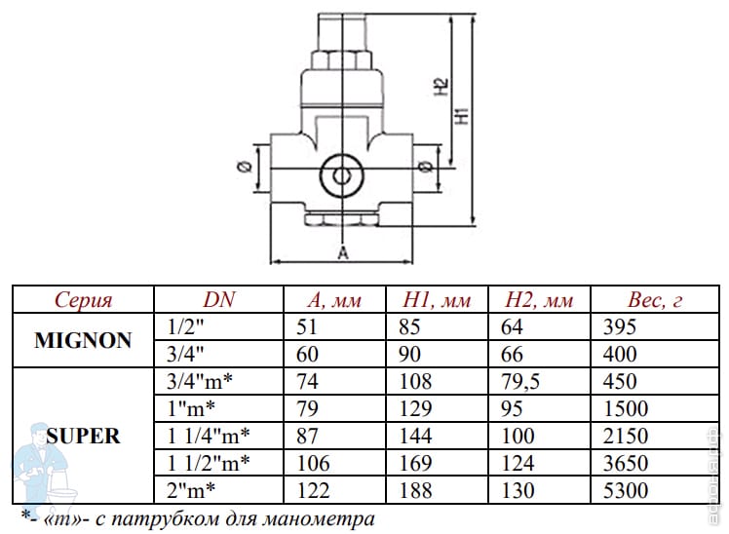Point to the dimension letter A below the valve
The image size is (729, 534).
pos(342,253)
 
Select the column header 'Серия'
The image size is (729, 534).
pos(84,300)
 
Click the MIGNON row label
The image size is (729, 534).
pos(84,340)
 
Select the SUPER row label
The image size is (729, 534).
pos(84,435)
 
